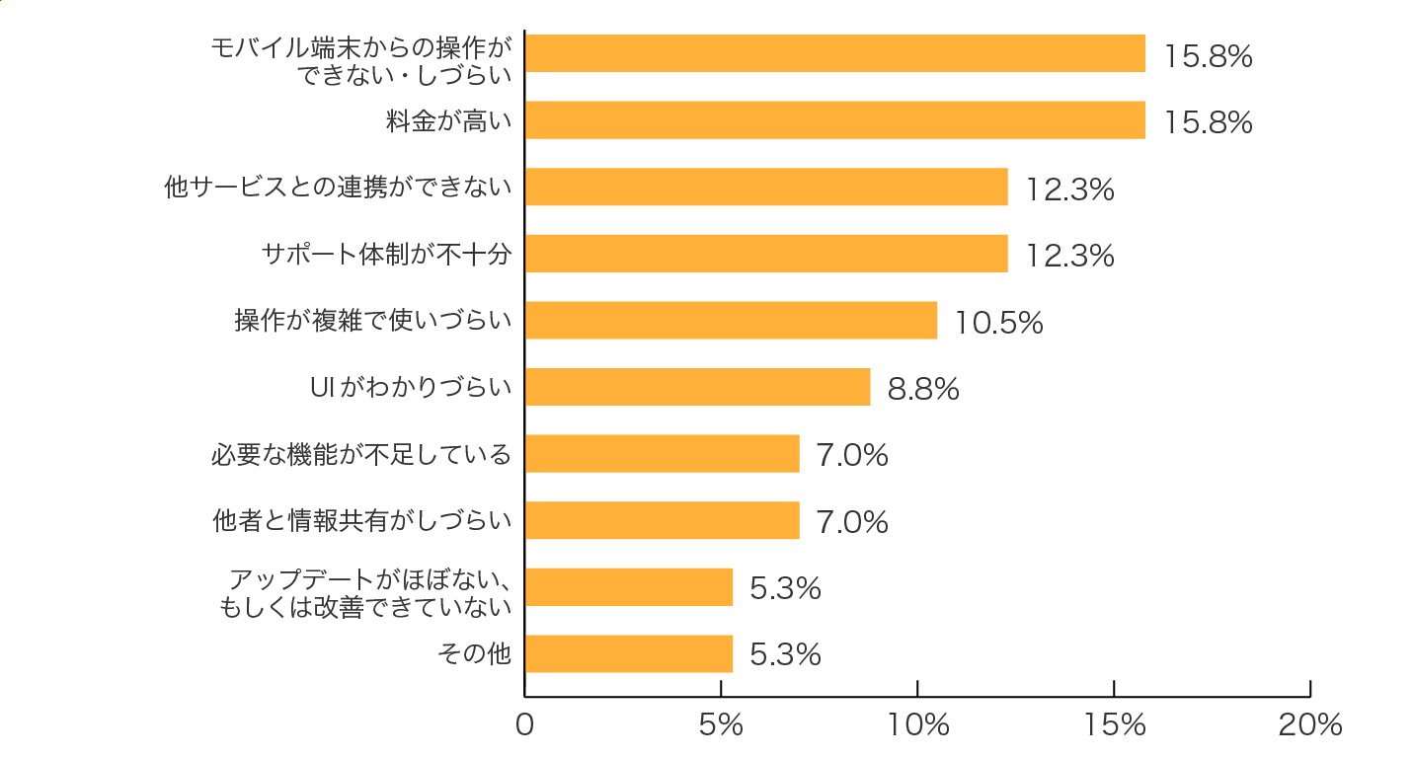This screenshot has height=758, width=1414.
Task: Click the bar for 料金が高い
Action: [834, 120]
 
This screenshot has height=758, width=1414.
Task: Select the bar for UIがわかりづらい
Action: [697, 387]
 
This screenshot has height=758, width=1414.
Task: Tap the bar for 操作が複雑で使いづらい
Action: [731, 321]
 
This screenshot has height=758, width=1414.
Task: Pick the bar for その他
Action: [628, 653]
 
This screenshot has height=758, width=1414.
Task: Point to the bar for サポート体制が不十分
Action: [766, 254]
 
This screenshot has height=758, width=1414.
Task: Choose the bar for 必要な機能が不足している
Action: [662, 454]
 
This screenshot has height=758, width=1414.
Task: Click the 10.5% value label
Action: [998, 323]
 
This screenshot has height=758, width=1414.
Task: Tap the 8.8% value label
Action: [923, 389]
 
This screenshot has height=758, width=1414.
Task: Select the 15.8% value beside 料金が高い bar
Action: [1208, 122]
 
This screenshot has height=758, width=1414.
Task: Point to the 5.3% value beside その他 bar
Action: [785, 655]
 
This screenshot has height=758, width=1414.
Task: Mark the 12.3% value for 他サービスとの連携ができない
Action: [1069, 189]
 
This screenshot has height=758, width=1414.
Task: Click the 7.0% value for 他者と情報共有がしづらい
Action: [852, 522]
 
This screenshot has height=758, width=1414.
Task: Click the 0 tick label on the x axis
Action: [524, 725]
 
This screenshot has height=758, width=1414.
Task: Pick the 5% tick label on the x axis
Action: [720, 725]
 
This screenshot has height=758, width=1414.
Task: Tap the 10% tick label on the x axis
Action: [917, 725]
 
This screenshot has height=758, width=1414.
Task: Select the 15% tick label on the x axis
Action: [1113, 725]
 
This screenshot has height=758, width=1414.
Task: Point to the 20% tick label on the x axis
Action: [1310, 725]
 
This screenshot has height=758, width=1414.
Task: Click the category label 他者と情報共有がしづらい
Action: [362, 520]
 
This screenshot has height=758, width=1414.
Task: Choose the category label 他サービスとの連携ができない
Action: [338, 188]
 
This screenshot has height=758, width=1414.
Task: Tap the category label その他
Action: [474, 653]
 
